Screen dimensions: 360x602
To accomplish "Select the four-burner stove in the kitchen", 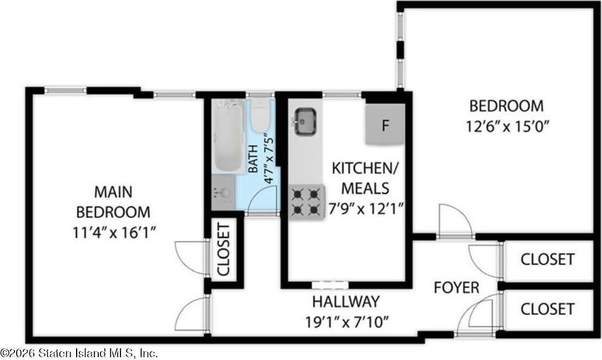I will click(x=306, y=203).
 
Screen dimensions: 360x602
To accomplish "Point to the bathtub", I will click(x=228, y=136).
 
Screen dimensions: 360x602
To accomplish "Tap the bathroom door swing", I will click(x=263, y=200).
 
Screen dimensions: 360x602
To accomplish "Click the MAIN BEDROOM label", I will click(x=113, y=202).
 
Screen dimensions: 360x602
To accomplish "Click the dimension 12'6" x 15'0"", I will click(x=507, y=126).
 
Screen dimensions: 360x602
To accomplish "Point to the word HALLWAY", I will click(x=345, y=302).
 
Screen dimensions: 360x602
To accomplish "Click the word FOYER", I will click(x=456, y=288).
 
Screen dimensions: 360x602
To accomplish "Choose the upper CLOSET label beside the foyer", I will click(x=547, y=259).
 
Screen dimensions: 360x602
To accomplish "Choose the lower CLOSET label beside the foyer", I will click(x=547, y=308).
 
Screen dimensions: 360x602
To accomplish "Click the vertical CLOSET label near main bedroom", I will click(x=223, y=249).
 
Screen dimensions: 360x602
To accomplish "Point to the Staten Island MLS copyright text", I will click(x=79, y=353).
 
